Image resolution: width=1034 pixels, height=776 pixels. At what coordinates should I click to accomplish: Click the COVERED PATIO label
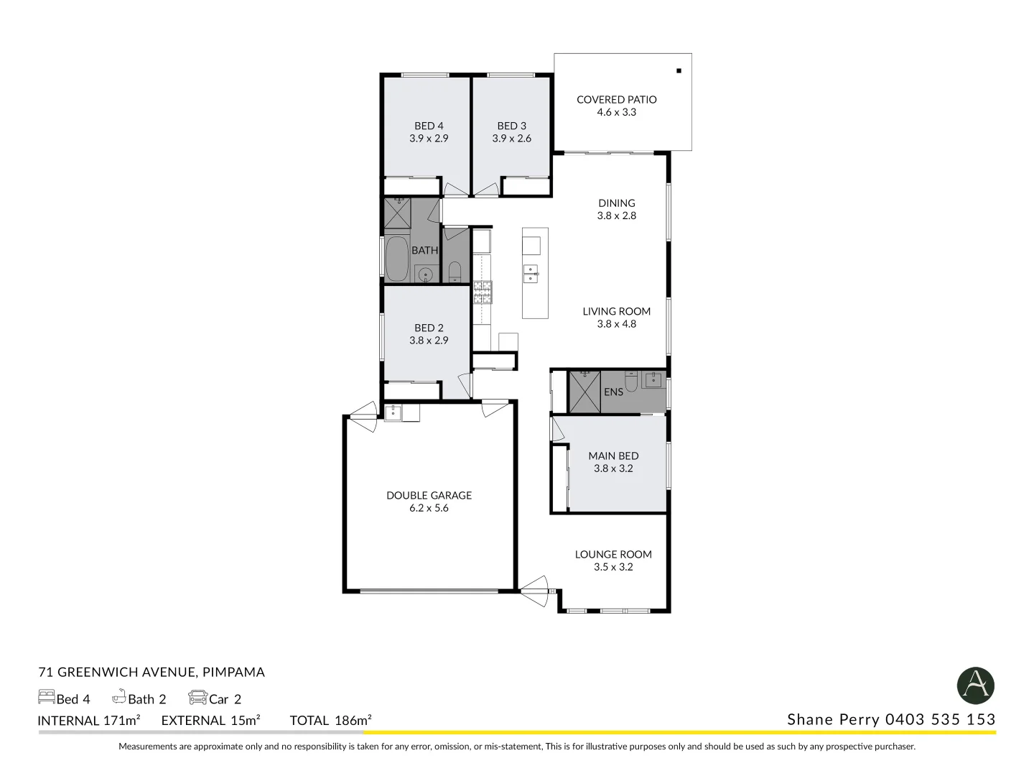click(x=616, y=100)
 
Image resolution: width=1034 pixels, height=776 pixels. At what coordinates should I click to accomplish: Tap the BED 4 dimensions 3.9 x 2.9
click(x=429, y=139)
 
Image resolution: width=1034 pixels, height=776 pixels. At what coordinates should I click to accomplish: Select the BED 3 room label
click(x=511, y=126)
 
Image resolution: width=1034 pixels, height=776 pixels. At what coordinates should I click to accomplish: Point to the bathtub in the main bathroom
click(x=396, y=259)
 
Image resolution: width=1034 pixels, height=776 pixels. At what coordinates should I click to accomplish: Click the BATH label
click(x=424, y=251)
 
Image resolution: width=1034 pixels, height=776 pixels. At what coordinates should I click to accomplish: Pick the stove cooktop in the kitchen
click(x=483, y=292)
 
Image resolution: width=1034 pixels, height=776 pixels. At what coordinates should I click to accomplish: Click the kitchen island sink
click(x=531, y=274)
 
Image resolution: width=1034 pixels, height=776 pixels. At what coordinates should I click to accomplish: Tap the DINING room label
click(x=616, y=203)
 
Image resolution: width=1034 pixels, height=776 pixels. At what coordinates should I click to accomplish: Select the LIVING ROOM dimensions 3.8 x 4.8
click(x=616, y=324)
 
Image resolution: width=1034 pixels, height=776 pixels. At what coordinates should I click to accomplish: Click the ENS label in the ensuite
click(x=613, y=392)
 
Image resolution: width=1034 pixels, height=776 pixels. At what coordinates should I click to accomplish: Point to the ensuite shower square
click(x=584, y=392)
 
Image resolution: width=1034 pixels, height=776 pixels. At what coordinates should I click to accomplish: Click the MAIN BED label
click(x=613, y=456)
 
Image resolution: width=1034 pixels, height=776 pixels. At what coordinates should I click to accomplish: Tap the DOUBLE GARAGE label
click(x=429, y=495)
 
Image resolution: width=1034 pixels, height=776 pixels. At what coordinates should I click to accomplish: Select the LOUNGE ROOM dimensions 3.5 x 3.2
click(x=613, y=567)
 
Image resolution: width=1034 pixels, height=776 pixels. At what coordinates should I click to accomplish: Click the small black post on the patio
click(x=678, y=70)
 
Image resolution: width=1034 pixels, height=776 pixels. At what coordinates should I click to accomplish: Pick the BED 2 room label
click(x=429, y=328)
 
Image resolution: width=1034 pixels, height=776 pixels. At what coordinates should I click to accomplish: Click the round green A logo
click(x=976, y=685)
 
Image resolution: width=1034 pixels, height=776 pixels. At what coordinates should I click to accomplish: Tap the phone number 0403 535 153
click(x=940, y=719)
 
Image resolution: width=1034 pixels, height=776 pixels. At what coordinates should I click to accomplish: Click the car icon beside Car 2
click(x=197, y=698)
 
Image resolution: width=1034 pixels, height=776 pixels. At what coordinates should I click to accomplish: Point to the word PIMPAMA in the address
click(x=233, y=673)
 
